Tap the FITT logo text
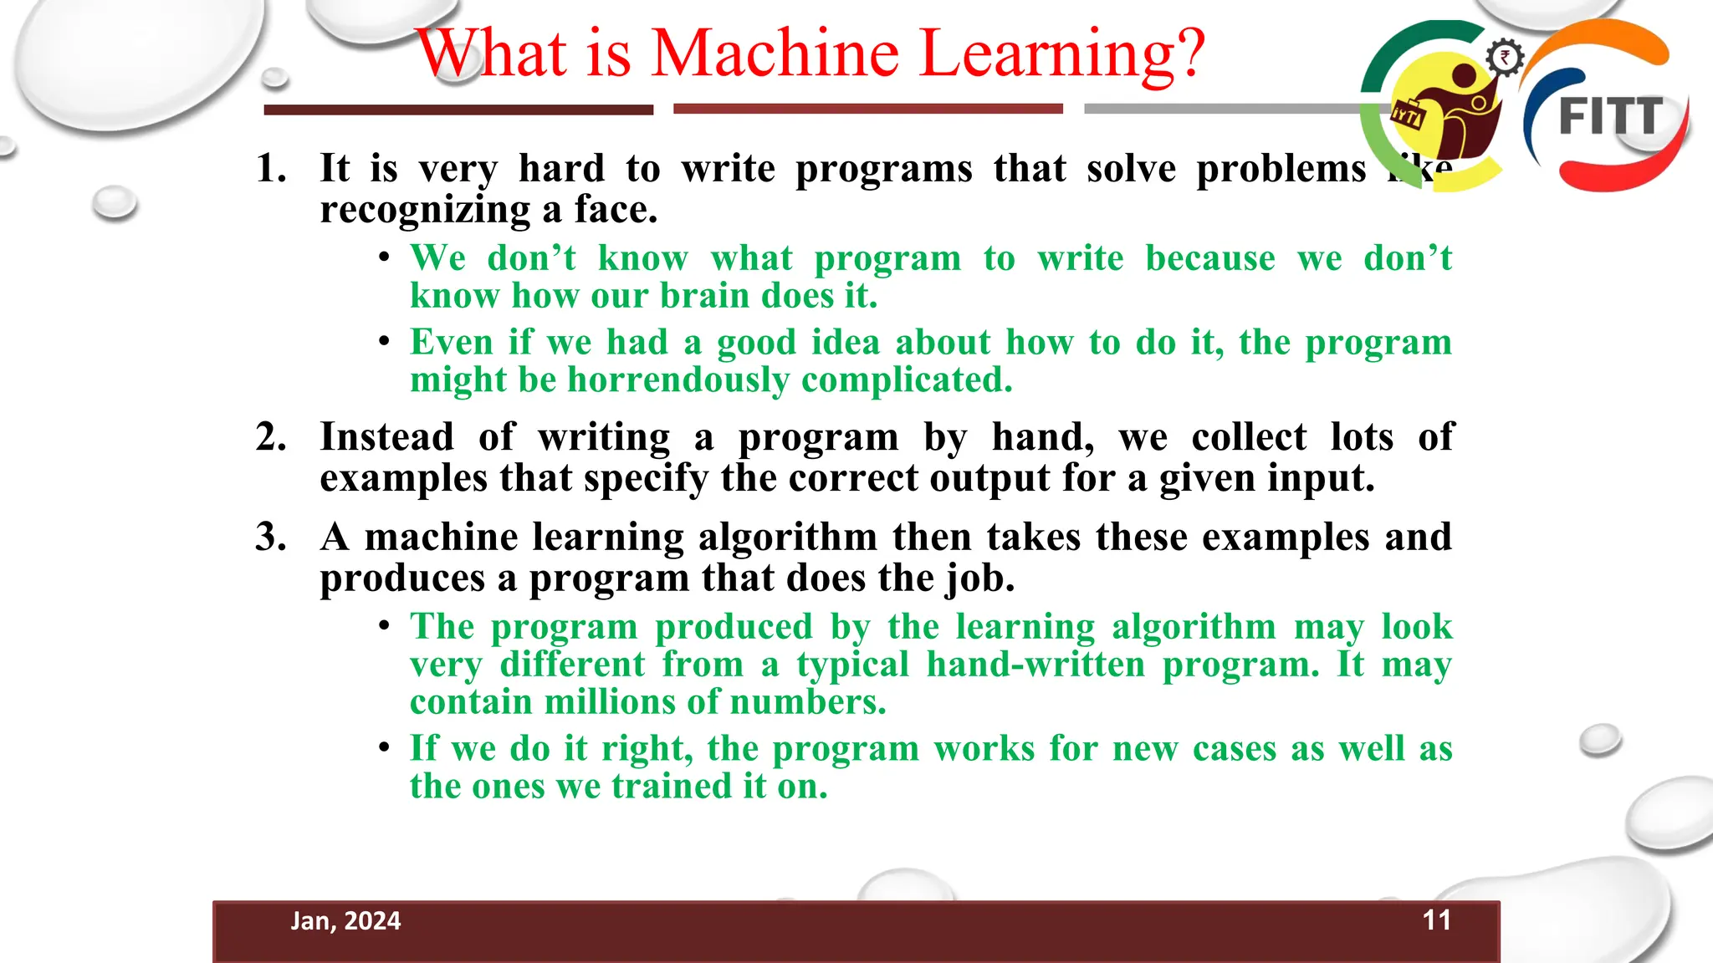pyautogui.click(x=1610, y=116)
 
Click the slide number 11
pyautogui.click(x=1436, y=920)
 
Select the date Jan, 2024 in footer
pyautogui.click(x=345, y=921)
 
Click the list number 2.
pyautogui.click(x=270, y=437)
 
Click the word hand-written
pyautogui.click(x=1035, y=665)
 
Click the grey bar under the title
pyautogui.click(x=1221, y=109)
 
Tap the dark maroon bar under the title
pyautogui.click(x=458, y=110)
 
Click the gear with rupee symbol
pyautogui.click(x=1505, y=58)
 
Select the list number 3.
pyautogui.click(x=270, y=537)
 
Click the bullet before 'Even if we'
pyautogui.click(x=384, y=341)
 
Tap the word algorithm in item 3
pyautogui.click(x=787, y=538)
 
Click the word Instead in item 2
pyautogui.click(x=386, y=437)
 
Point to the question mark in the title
pyautogui.click(x=1188, y=53)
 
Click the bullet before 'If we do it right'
pyautogui.click(x=384, y=746)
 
